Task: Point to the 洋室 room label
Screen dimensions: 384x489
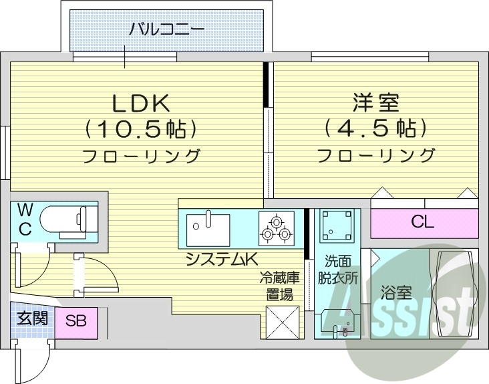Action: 375,103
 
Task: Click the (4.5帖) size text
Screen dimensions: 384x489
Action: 375,128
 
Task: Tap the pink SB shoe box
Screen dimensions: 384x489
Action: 75,320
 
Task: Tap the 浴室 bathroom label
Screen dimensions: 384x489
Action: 395,292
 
